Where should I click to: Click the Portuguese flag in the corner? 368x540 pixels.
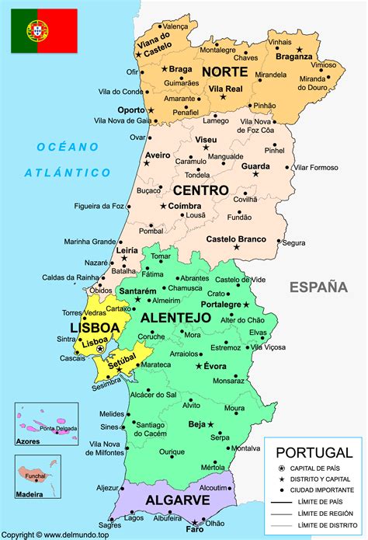44,30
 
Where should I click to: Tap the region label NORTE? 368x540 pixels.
224,71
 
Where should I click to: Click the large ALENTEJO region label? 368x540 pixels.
175,318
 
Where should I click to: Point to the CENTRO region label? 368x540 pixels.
200,190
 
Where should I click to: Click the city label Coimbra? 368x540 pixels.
186,206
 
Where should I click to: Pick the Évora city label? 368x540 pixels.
215,365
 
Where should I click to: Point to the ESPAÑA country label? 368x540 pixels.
318,287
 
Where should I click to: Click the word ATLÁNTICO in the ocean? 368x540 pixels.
67,172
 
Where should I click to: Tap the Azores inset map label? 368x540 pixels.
30,441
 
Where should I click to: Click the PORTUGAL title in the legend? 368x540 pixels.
314,452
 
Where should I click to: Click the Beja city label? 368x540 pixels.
196,424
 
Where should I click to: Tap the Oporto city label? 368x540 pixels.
130,110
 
